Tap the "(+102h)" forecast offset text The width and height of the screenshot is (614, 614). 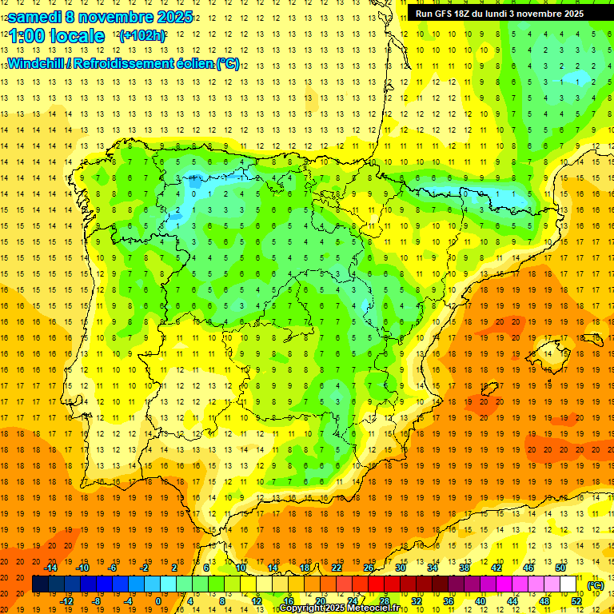pos(142,36)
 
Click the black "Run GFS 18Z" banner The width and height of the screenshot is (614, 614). pos(500,14)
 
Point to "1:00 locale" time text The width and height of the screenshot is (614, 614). pos(57,36)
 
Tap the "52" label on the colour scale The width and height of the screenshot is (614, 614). pos(576,601)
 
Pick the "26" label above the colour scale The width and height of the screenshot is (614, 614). pos(369,568)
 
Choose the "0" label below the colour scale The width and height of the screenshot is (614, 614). pos(159,601)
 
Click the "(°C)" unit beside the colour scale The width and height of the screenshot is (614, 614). pos(595,585)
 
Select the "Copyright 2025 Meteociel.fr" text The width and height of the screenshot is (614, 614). pos(339,608)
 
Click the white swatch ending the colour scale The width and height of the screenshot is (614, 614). pos(568,584)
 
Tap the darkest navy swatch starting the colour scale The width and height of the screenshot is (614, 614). pos(40,584)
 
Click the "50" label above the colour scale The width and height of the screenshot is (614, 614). pos(560,568)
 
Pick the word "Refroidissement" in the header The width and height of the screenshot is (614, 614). pos(123,64)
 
